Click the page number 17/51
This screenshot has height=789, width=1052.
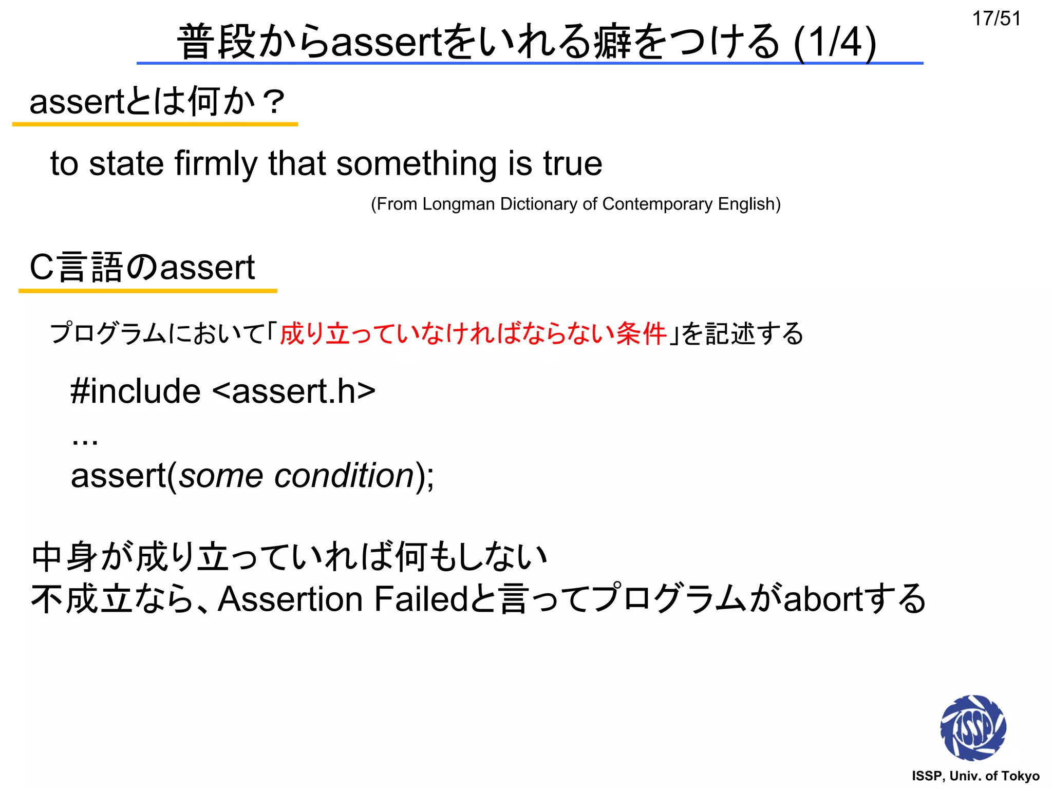pyautogui.click(x=996, y=19)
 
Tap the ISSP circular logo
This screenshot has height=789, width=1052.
pyautogui.click(x=972, y=728)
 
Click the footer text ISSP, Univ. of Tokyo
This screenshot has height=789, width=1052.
pyautogui.click(x=975, y=776)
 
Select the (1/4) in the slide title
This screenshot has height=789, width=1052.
pyautogui.click(x=835, y=42)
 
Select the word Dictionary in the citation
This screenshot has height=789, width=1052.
pyautogui.click(x=539, y=204)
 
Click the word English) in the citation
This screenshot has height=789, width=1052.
pyautogui.click(x=749, y=204)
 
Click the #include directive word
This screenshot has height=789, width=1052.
pyautogui.click(x=136, y=391)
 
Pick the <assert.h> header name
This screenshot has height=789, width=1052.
pyautogui.click(x=294, y=391)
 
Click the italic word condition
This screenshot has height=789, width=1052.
pyautogui.click(x=344, y=475)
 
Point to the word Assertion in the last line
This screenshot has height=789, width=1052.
pyautogui.click(x=291, y=599)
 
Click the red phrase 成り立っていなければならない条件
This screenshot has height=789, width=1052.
pyautogui.click(x=473, y=333)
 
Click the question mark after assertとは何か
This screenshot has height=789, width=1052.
pyautogui.click(x=273, y=102)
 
